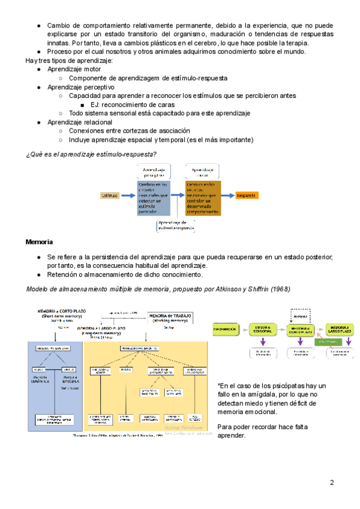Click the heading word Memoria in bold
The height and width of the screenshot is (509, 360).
[x=39, y=242]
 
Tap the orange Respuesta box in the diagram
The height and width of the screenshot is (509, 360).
[x=247, y=195]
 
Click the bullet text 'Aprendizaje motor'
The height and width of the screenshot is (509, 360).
[x=74, y=70]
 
